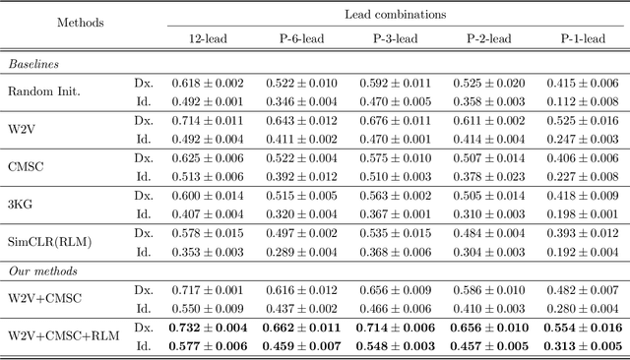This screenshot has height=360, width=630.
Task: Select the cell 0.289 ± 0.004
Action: click(302, 251)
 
